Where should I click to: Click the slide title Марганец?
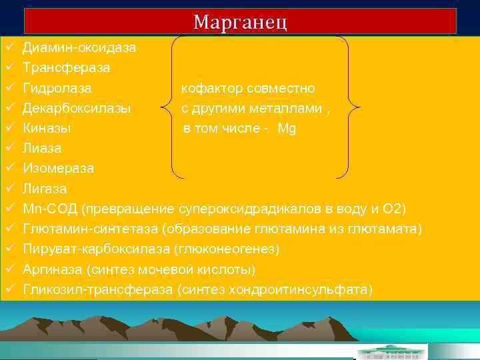click(x=240, y=22)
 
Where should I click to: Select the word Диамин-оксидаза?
click(x=79, y=48)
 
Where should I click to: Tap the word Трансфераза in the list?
click(x=67, y=68)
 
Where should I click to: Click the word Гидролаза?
click(x=57, y=88)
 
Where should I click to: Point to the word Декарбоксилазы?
click(x=77, y=108)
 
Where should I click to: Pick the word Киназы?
click(x=47, y=128)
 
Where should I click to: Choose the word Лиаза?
click(x=42, y=148)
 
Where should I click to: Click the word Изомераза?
click(x=59, y=168)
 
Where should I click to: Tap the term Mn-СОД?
click(x=50, y=209)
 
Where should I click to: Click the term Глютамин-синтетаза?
click(x=90, y=229)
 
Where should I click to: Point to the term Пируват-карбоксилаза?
click(x=96, y=249)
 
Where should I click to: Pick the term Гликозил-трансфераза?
click(x=94, y=289)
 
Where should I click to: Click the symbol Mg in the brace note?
click(x=287, y=128)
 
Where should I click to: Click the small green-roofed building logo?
click(x=392, y=351)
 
